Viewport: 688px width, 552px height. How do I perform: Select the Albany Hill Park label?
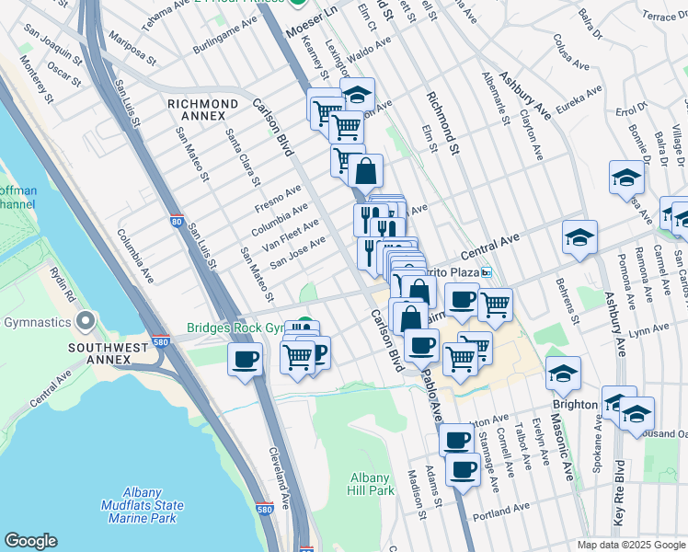pos(373,484)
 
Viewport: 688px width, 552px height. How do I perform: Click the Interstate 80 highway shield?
pos(177,222)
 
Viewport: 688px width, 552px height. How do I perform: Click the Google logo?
pos(30,541)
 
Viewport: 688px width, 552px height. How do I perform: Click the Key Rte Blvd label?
pos(618,493)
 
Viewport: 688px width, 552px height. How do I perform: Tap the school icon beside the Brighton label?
pos(563,373)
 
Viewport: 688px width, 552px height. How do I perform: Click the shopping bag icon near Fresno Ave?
pos(365,170)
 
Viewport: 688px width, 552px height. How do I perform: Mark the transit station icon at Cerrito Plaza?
pos(487,272)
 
